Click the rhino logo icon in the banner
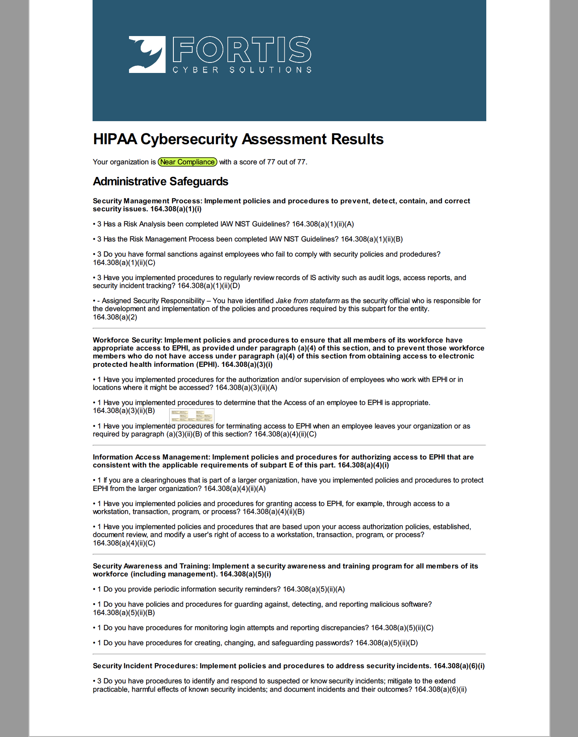click(147, 54)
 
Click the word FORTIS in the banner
click(242, 49)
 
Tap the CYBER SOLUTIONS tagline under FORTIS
click(242, 70)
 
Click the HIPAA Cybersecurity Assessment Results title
click(238, 139)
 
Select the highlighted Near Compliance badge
click(187, 162)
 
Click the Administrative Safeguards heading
click(160, 182)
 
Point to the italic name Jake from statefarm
click(307, 301)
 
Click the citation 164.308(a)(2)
click(115, 317)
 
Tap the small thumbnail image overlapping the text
click(192, 415)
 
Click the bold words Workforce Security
click(127, 340)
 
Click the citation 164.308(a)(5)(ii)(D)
click(387, 643)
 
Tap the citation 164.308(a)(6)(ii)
click(440, 689)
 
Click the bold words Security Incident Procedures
click(145, 666)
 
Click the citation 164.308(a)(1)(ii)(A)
click(323, 224)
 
